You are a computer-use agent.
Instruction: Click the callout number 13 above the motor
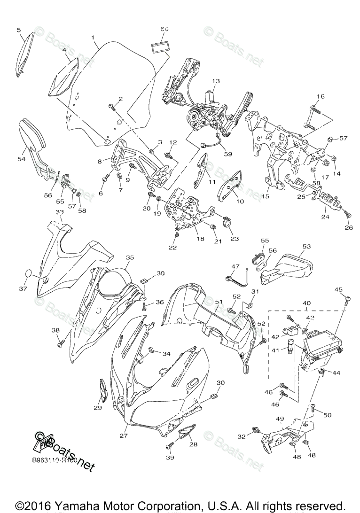tap(216, 81)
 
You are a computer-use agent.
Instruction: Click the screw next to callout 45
tap(347, 299)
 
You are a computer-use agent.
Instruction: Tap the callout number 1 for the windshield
tap(93, 37)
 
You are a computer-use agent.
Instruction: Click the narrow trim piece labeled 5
tap(26, 54)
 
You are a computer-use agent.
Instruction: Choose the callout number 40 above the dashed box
tap(306, 303)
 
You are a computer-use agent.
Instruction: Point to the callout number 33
tap(60, 212)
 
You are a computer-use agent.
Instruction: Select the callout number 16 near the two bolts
tap(320, 97)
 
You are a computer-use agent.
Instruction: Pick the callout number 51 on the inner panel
tap(218, 302)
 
